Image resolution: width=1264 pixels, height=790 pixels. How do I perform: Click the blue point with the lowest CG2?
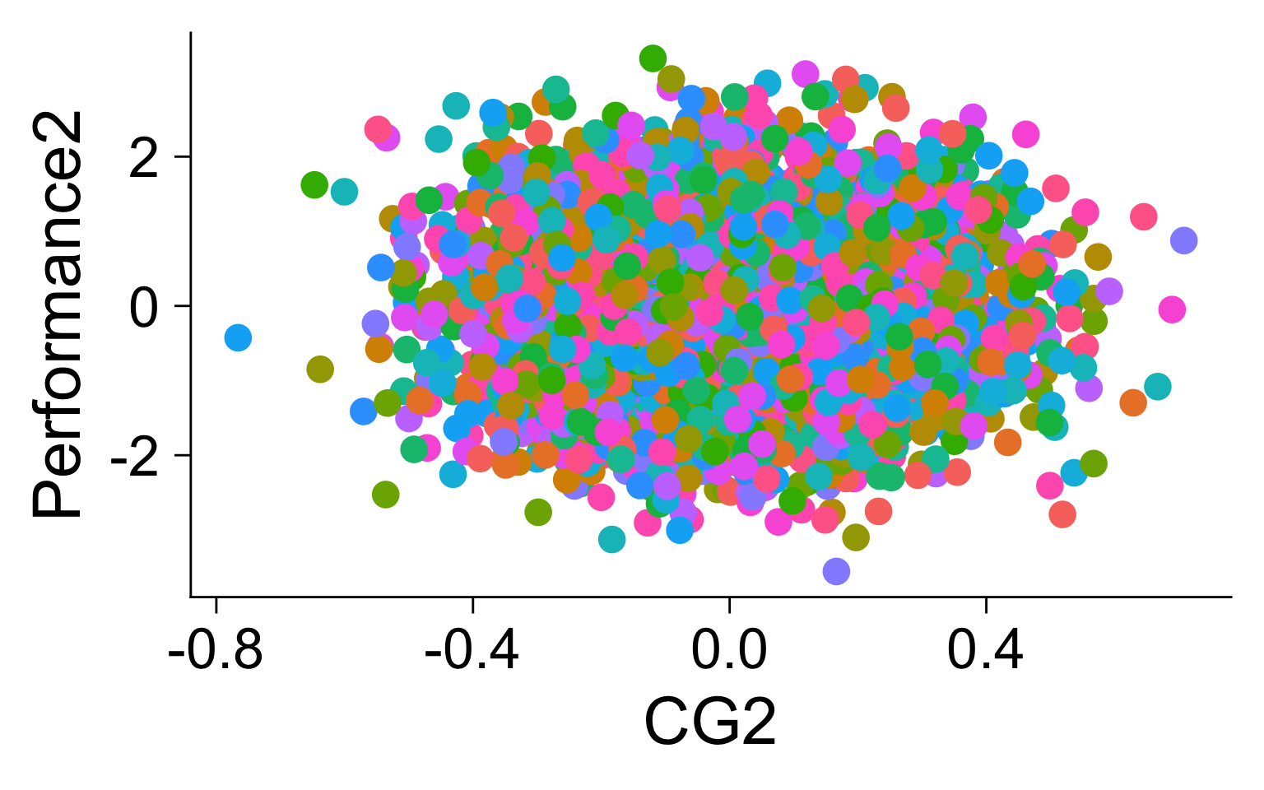click(237, 337)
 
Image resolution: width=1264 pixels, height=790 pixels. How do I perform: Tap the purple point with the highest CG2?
click(1183, 240)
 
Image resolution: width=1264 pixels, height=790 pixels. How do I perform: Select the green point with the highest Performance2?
click(653, 58)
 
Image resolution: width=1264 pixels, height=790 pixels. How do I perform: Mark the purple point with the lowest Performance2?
click(836, 571)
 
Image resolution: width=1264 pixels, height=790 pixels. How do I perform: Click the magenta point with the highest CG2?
click(1172, 309)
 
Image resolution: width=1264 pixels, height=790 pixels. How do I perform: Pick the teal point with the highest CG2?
click(1157, 386)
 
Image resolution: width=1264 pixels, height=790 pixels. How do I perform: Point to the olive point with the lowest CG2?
click(319, 369)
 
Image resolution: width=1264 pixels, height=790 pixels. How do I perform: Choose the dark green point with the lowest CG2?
click(314, 184)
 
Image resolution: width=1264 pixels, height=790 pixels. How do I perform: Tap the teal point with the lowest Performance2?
click(611, 540)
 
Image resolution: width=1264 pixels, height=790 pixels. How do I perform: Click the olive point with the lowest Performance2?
click(856, 538)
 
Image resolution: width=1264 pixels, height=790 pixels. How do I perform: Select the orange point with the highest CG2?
click(1133, 402)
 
